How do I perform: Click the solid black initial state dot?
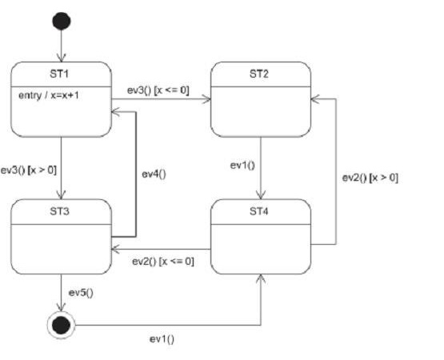coord(62,22)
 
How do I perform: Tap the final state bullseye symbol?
coord(61,325)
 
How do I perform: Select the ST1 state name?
coord(59,74)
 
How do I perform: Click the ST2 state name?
coord(259,74)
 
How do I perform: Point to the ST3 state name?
coord(59,211)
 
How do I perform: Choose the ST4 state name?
coord(259,211)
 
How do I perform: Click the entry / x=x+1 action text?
coord(49,95)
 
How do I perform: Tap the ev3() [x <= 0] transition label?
coord(158,90)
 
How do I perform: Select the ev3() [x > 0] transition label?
coord(29,170)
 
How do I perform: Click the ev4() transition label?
coord(154,174)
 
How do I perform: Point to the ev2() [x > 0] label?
coord(370,178)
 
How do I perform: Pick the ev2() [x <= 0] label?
coord(163,261)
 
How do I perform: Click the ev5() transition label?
coord(81,293)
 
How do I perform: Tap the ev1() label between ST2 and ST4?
coord(242,165)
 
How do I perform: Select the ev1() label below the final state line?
coord(162,338)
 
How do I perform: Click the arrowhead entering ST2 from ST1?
coord(206,99)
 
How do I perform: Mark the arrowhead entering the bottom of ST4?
coord(261,278)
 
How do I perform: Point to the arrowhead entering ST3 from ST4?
coord(116,249)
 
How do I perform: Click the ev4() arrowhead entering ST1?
coord(116,111)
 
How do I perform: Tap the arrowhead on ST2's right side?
coord(315,99)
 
